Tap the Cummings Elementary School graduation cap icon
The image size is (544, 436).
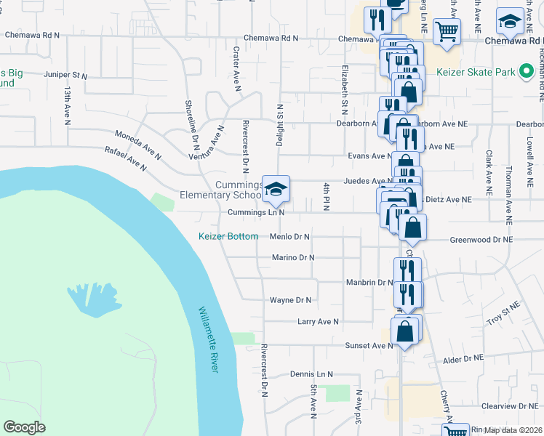[276, 189]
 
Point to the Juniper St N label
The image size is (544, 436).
[65, 75]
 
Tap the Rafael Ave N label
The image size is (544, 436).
[126, 158]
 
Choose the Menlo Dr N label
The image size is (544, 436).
[289, 236]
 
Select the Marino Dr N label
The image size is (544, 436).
[292, 257]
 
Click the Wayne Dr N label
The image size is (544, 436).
[290, 299]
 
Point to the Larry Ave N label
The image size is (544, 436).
[319, 320]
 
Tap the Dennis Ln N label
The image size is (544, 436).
[311, 374]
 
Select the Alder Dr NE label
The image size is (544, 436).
[463, 358]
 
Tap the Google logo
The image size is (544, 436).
[24, 427]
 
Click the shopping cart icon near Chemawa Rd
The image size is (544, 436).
[446, 31]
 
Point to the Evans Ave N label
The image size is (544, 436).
[369, 156]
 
